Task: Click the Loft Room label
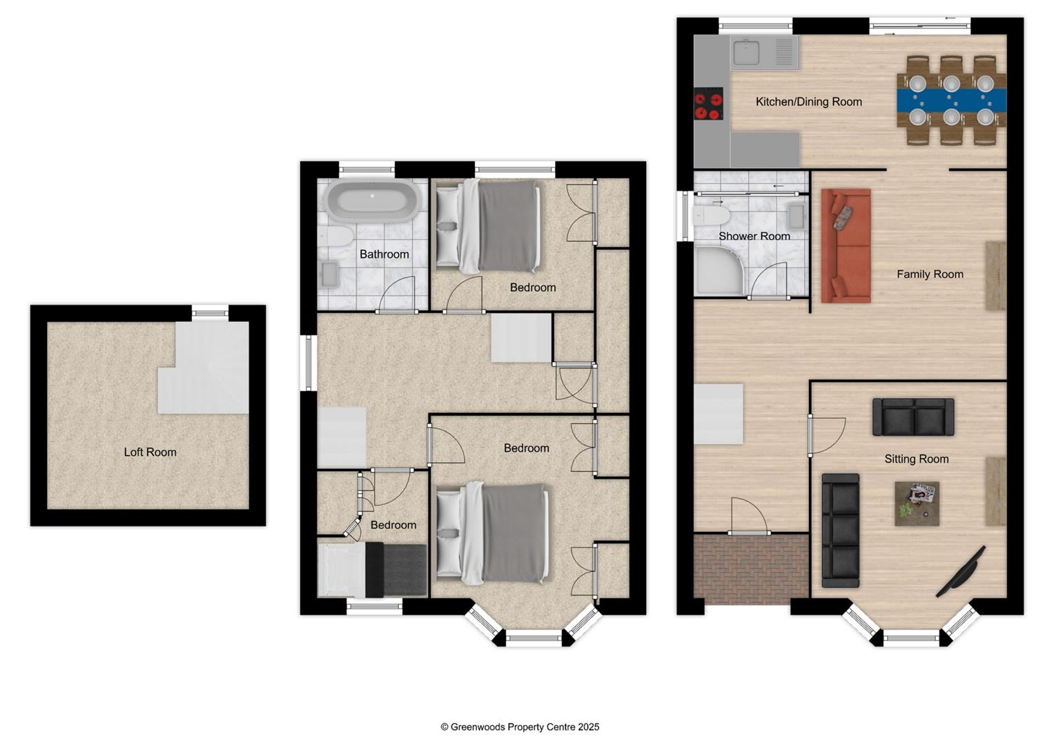click(x=150, y=452)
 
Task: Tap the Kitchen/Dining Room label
click(x=808, y=102)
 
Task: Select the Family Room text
click(x=929, y=274)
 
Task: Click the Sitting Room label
click(x=916, y=459)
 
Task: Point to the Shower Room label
click(x=754, y=236)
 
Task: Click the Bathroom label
click(x=384, y=254)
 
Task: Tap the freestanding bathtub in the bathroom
click(x=372, y=201)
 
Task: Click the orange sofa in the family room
click(x=846, y=246)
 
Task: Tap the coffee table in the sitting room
click(x=917, y=504)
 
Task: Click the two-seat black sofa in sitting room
click(x=913, y=417)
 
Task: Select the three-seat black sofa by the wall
click(x=840, y=530)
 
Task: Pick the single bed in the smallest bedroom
click(x=371, y=569)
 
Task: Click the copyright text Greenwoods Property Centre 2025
click(x=520, y=727)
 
